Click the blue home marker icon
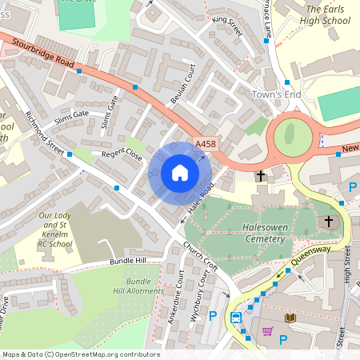[179, 173]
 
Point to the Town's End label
[276, 95]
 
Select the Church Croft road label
[200, 254]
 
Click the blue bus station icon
[236, 318]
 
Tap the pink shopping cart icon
[267, 330]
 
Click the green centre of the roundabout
[292, 136]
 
